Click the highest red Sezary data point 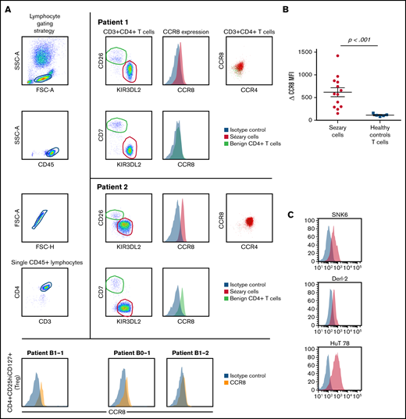click(337, 57)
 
